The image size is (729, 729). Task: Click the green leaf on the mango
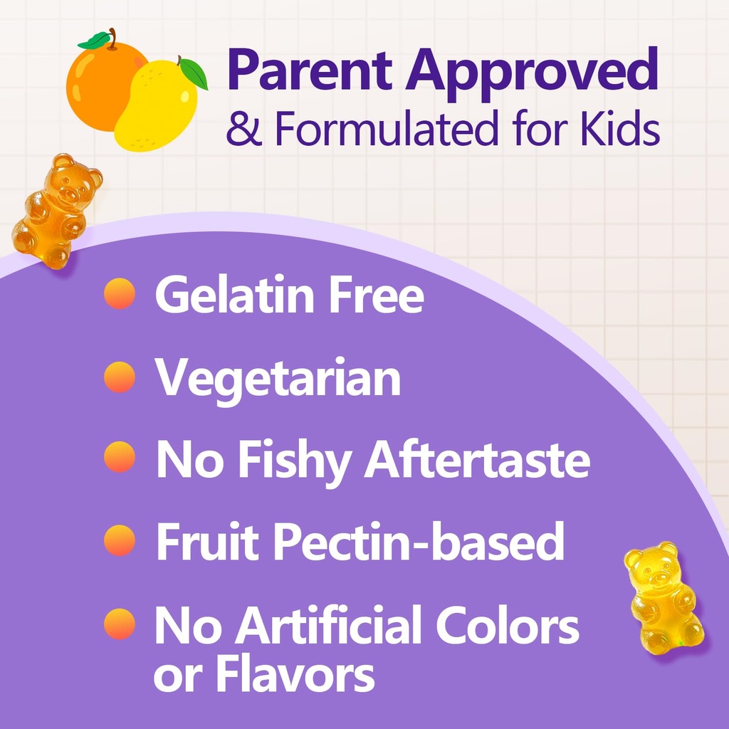(193, 73)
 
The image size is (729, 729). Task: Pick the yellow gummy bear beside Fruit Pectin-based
(663, 597)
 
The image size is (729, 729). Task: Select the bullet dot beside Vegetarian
(119, 377)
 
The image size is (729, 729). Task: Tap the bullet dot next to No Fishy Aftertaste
(119, 457)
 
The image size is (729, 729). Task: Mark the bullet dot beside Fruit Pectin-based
(119, 540)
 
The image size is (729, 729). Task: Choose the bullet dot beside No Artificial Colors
(119, 624)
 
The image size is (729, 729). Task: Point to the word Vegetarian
(278, 378)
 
